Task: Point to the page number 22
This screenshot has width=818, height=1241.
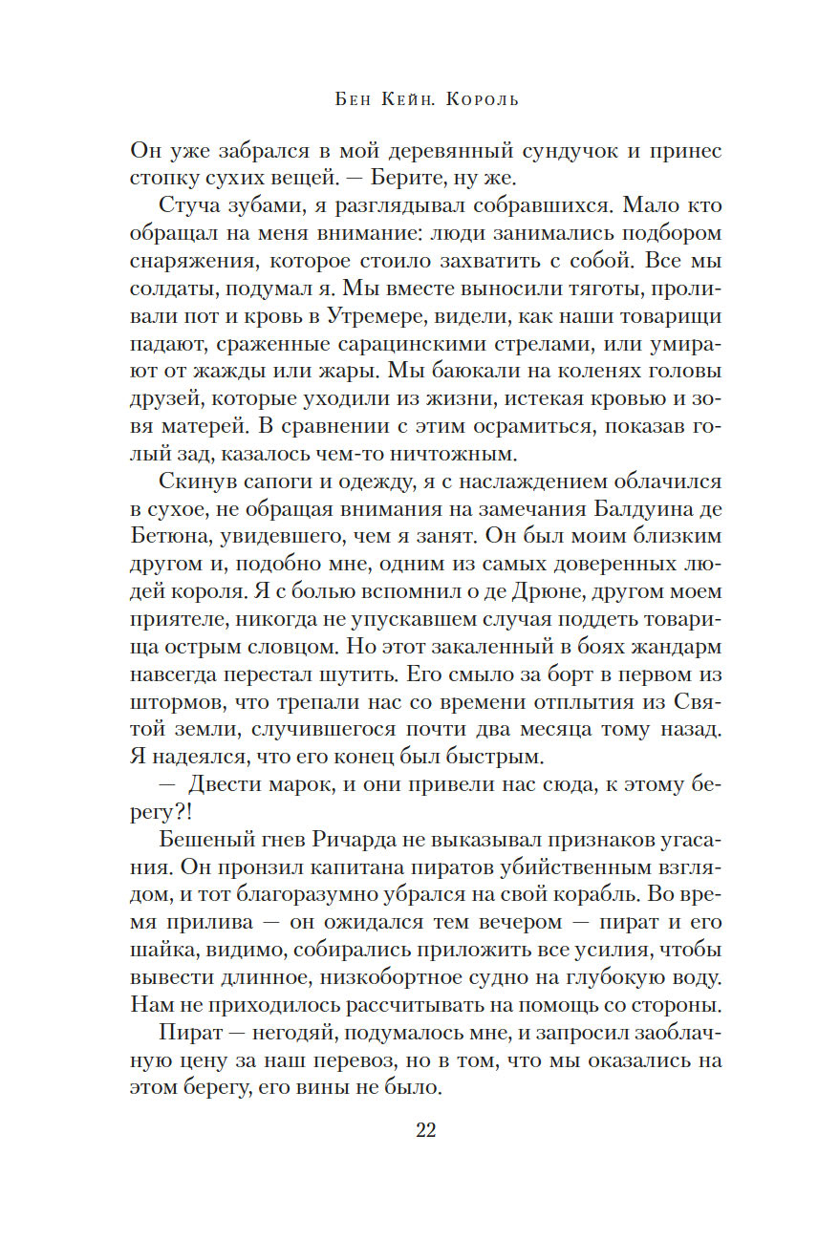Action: [426, 1130]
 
